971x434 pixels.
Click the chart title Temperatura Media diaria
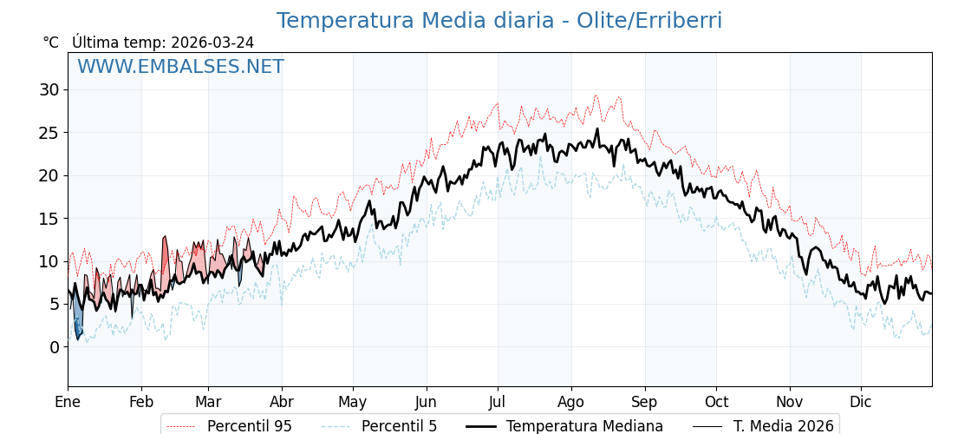[499, 21]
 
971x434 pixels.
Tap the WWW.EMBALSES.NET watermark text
[180, 67]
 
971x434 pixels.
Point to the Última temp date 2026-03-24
[212, 43]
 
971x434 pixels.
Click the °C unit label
[50, 43]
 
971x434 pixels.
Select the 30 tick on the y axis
[49, 89]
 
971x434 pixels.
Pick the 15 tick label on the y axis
[49, 219]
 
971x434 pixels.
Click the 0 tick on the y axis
[54, 347]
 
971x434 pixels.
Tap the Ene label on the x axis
[68, 402]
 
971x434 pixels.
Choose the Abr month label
[282, 402]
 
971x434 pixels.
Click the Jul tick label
[498, 402]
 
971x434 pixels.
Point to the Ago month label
[571, 402]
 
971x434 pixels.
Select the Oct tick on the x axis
[716, 402]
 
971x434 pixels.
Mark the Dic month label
[861, 402]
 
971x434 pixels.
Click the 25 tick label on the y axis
[49, 133]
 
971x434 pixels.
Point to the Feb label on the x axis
[141, 402]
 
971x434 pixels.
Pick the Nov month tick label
[790, 402]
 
